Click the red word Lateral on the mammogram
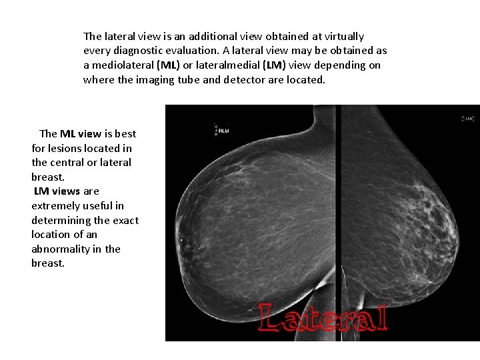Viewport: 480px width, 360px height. point(323,318)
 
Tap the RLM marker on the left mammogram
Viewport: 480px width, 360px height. point(223,131)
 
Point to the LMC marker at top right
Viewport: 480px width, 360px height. point(468,118)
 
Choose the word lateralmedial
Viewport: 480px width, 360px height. point(225,65)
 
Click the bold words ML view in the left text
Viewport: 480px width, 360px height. point(81,133)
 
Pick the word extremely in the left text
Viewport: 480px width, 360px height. point(54,205)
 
